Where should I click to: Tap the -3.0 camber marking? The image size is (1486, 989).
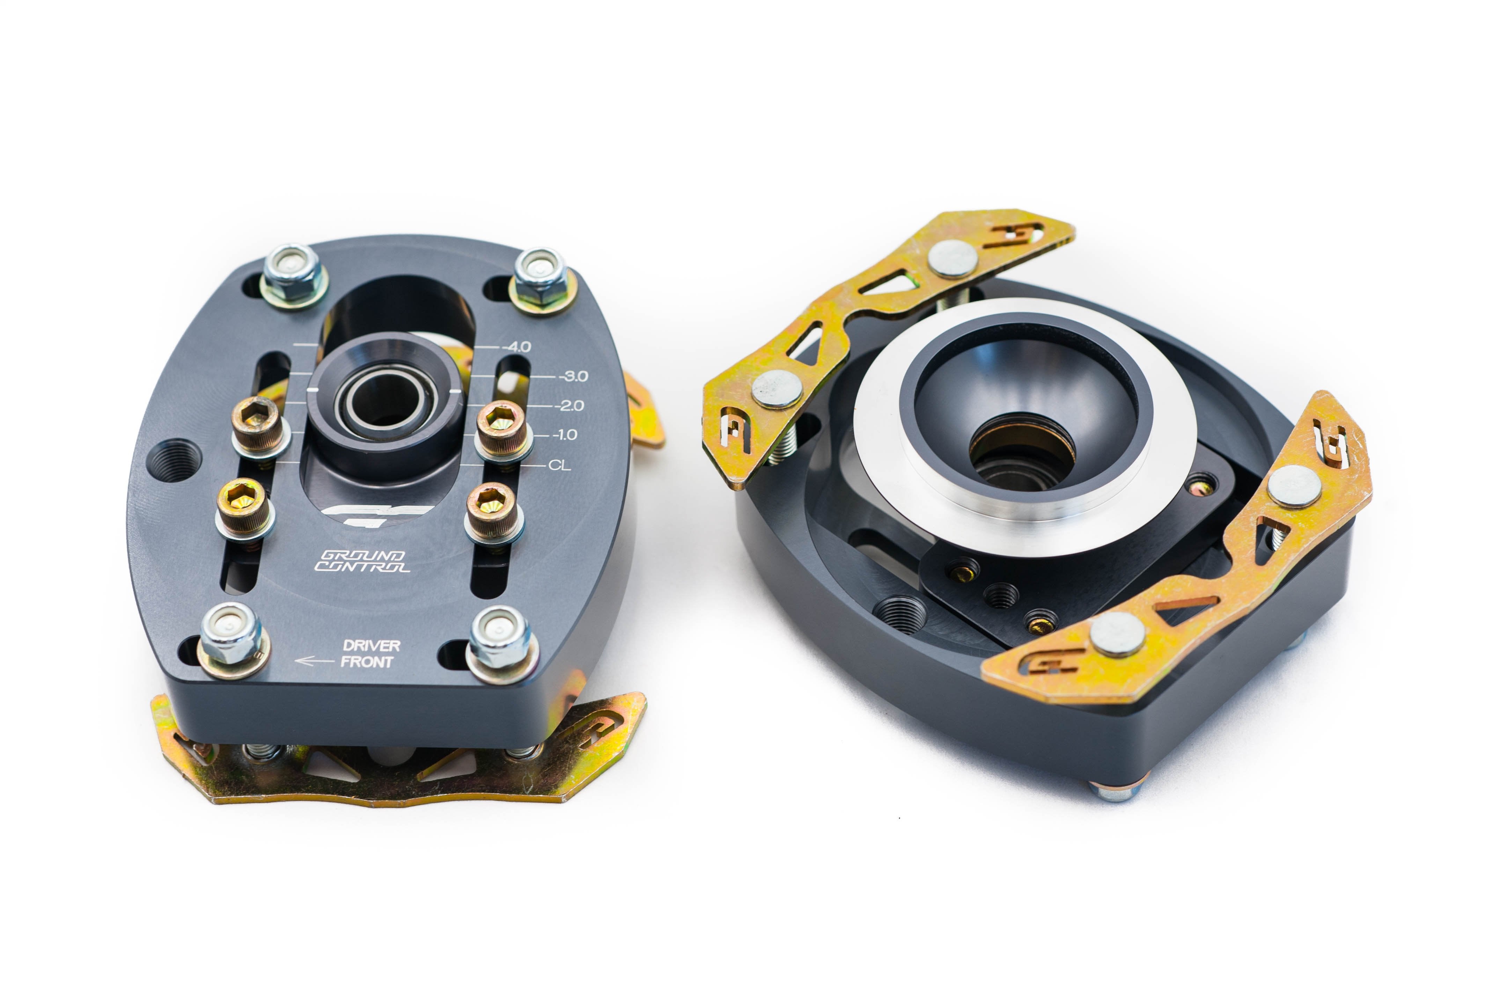point(573,376)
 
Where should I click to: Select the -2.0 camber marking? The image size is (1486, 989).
point(569,405)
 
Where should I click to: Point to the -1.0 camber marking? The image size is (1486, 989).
point(564,434)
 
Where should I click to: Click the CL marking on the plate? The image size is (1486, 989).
point(560,466)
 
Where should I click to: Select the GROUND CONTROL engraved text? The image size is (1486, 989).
point(362,561)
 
